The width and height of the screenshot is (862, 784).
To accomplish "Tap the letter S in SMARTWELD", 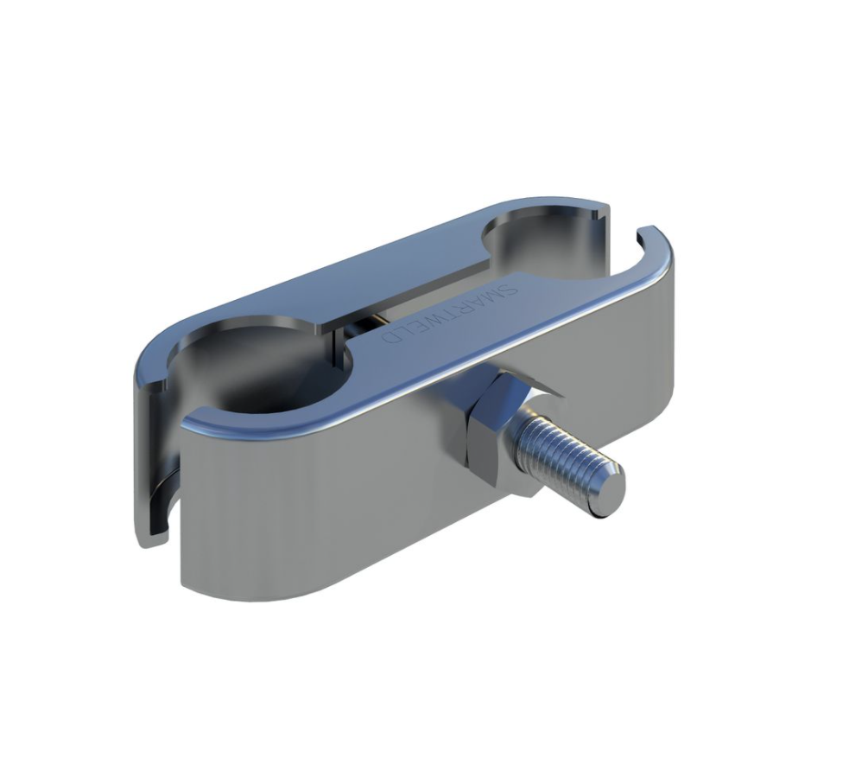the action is pos(510,288).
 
